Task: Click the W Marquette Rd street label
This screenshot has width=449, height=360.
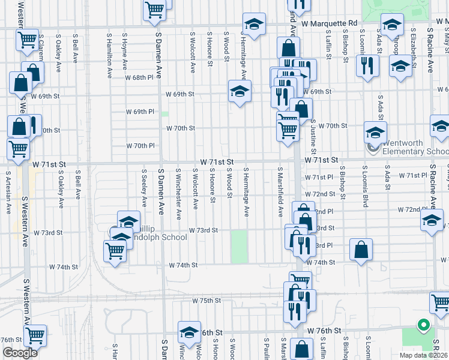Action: [x=329, y=23]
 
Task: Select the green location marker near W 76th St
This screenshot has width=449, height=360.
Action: [x=423, y=325]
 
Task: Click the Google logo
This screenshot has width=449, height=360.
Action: [x=19, y=353]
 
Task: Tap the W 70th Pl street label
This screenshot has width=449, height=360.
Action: [x=140, y=146]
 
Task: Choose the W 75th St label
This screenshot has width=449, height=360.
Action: [x=207, y=301]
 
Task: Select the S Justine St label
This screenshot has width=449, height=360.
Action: [x=314, y=137]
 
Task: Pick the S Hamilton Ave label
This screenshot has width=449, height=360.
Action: [x=110, y=55]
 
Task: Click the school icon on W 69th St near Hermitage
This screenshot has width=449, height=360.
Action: [x=240, y=92]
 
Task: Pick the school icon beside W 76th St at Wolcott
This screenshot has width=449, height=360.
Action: [x=189, y=332]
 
